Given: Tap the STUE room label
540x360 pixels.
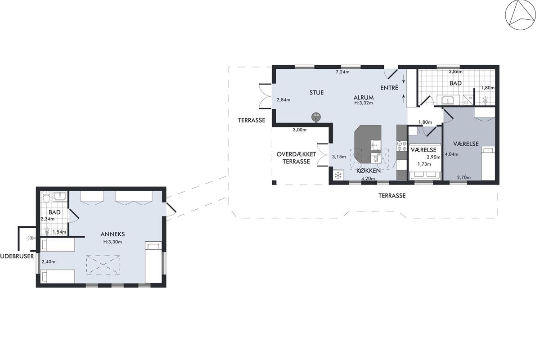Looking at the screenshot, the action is [316, 93].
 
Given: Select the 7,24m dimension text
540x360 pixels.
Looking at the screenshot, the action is [342, 72].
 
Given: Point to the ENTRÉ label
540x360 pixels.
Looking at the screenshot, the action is [389, 88].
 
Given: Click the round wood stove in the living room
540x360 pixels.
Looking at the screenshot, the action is [316, 117].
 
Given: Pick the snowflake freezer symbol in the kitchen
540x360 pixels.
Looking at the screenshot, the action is [338, 175].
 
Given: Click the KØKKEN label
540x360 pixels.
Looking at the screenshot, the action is [369, 171].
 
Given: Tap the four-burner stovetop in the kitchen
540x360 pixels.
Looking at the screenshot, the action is [401, 146].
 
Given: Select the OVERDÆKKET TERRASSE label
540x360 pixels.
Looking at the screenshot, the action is [296, 158].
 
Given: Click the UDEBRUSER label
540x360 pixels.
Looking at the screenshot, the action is [17, 256].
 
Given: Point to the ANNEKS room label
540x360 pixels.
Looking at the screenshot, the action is [112, 234].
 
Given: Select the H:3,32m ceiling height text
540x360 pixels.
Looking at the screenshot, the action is [364, 103].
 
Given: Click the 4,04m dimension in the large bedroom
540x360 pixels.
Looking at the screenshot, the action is [451, 154].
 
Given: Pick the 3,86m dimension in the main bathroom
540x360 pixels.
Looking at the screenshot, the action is [455, 72].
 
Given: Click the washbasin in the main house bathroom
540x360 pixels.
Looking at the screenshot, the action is [448, 100].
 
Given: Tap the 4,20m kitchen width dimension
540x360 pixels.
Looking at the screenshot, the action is [368, 179].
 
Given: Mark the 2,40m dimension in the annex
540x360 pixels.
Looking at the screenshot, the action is [49, 261].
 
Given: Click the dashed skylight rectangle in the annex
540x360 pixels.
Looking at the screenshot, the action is [103, 265].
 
